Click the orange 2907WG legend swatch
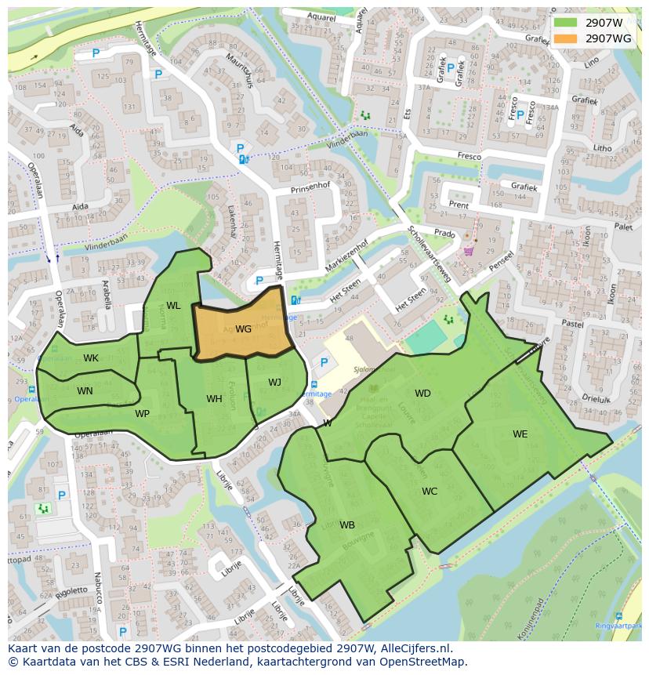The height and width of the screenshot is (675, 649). (x=564, y=38)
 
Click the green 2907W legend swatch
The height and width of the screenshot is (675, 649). (x=564, y=23)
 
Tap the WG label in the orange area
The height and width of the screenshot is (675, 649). (x=243, y=329)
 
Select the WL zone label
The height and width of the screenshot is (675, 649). (x=173, y=306)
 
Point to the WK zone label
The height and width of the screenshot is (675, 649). (x=91, y=358)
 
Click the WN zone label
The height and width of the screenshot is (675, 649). (x=85, y=390)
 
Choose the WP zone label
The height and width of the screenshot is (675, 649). (x=142, y=414)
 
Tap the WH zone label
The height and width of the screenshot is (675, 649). (x=214, y=399)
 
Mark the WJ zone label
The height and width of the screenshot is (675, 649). (x=274, y=383)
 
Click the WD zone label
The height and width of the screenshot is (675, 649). (x=422, y=394)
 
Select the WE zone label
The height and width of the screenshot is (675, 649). (x=520, y=434)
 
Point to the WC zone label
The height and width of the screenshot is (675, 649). (x=430, y=492)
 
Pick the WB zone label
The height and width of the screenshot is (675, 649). (x=347, y=525)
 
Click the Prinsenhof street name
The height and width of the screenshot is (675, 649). (x=310, y=187)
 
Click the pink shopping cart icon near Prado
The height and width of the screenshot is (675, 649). (x=469, y=251)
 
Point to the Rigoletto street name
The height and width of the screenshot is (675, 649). (x=71, y=590)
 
